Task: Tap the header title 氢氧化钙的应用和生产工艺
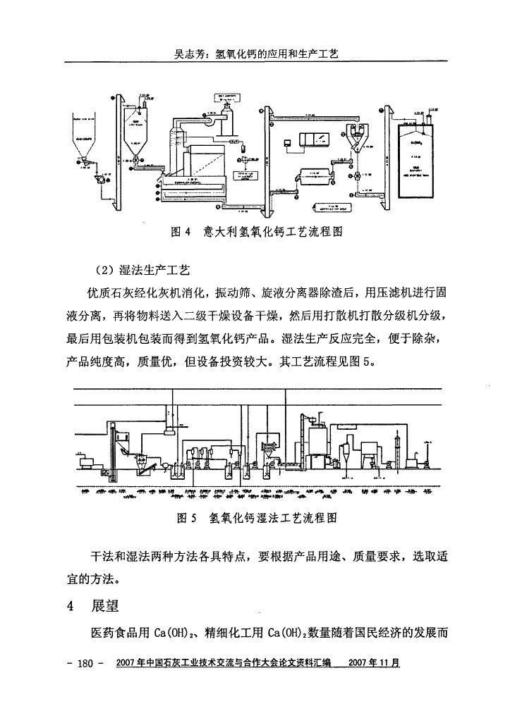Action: pos(277,54)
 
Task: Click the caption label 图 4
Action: pos(181,232)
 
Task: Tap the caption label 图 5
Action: pos(186,519)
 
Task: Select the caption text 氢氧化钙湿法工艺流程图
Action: pos(273,519)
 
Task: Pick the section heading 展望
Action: pos(104,606)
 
